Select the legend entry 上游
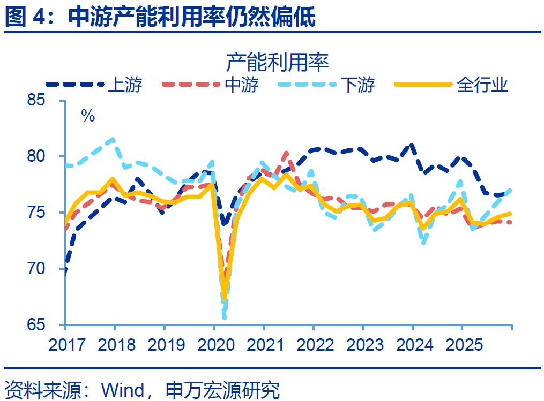tap(124, 85)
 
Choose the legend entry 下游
tap(357, 85)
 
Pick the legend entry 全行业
tap(482, 85)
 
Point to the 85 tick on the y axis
tap(48, 100)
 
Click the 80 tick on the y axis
tap(48, 156)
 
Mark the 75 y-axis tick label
tap(48, 213)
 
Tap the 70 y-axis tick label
tap(48, 269)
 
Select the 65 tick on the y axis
tap(48, 325)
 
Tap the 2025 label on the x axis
tap(462, 344)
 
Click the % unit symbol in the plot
tap(88, 116)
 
